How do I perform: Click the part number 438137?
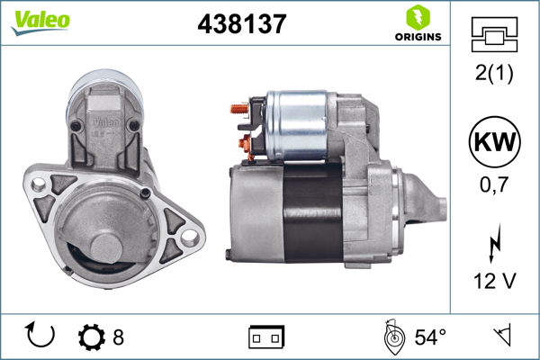click(x=241, y=25)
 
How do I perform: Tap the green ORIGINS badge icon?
click(x=417, y=16)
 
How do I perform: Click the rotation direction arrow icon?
click(x=41, y=336)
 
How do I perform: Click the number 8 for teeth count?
click(x=118, y=337)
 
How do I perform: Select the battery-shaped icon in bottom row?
click(x=266, y=337)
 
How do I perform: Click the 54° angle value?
click(x=430, y=337)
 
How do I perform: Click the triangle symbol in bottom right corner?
click(x=500, y=337)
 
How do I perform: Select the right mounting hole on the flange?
click(x=188, y=237)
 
